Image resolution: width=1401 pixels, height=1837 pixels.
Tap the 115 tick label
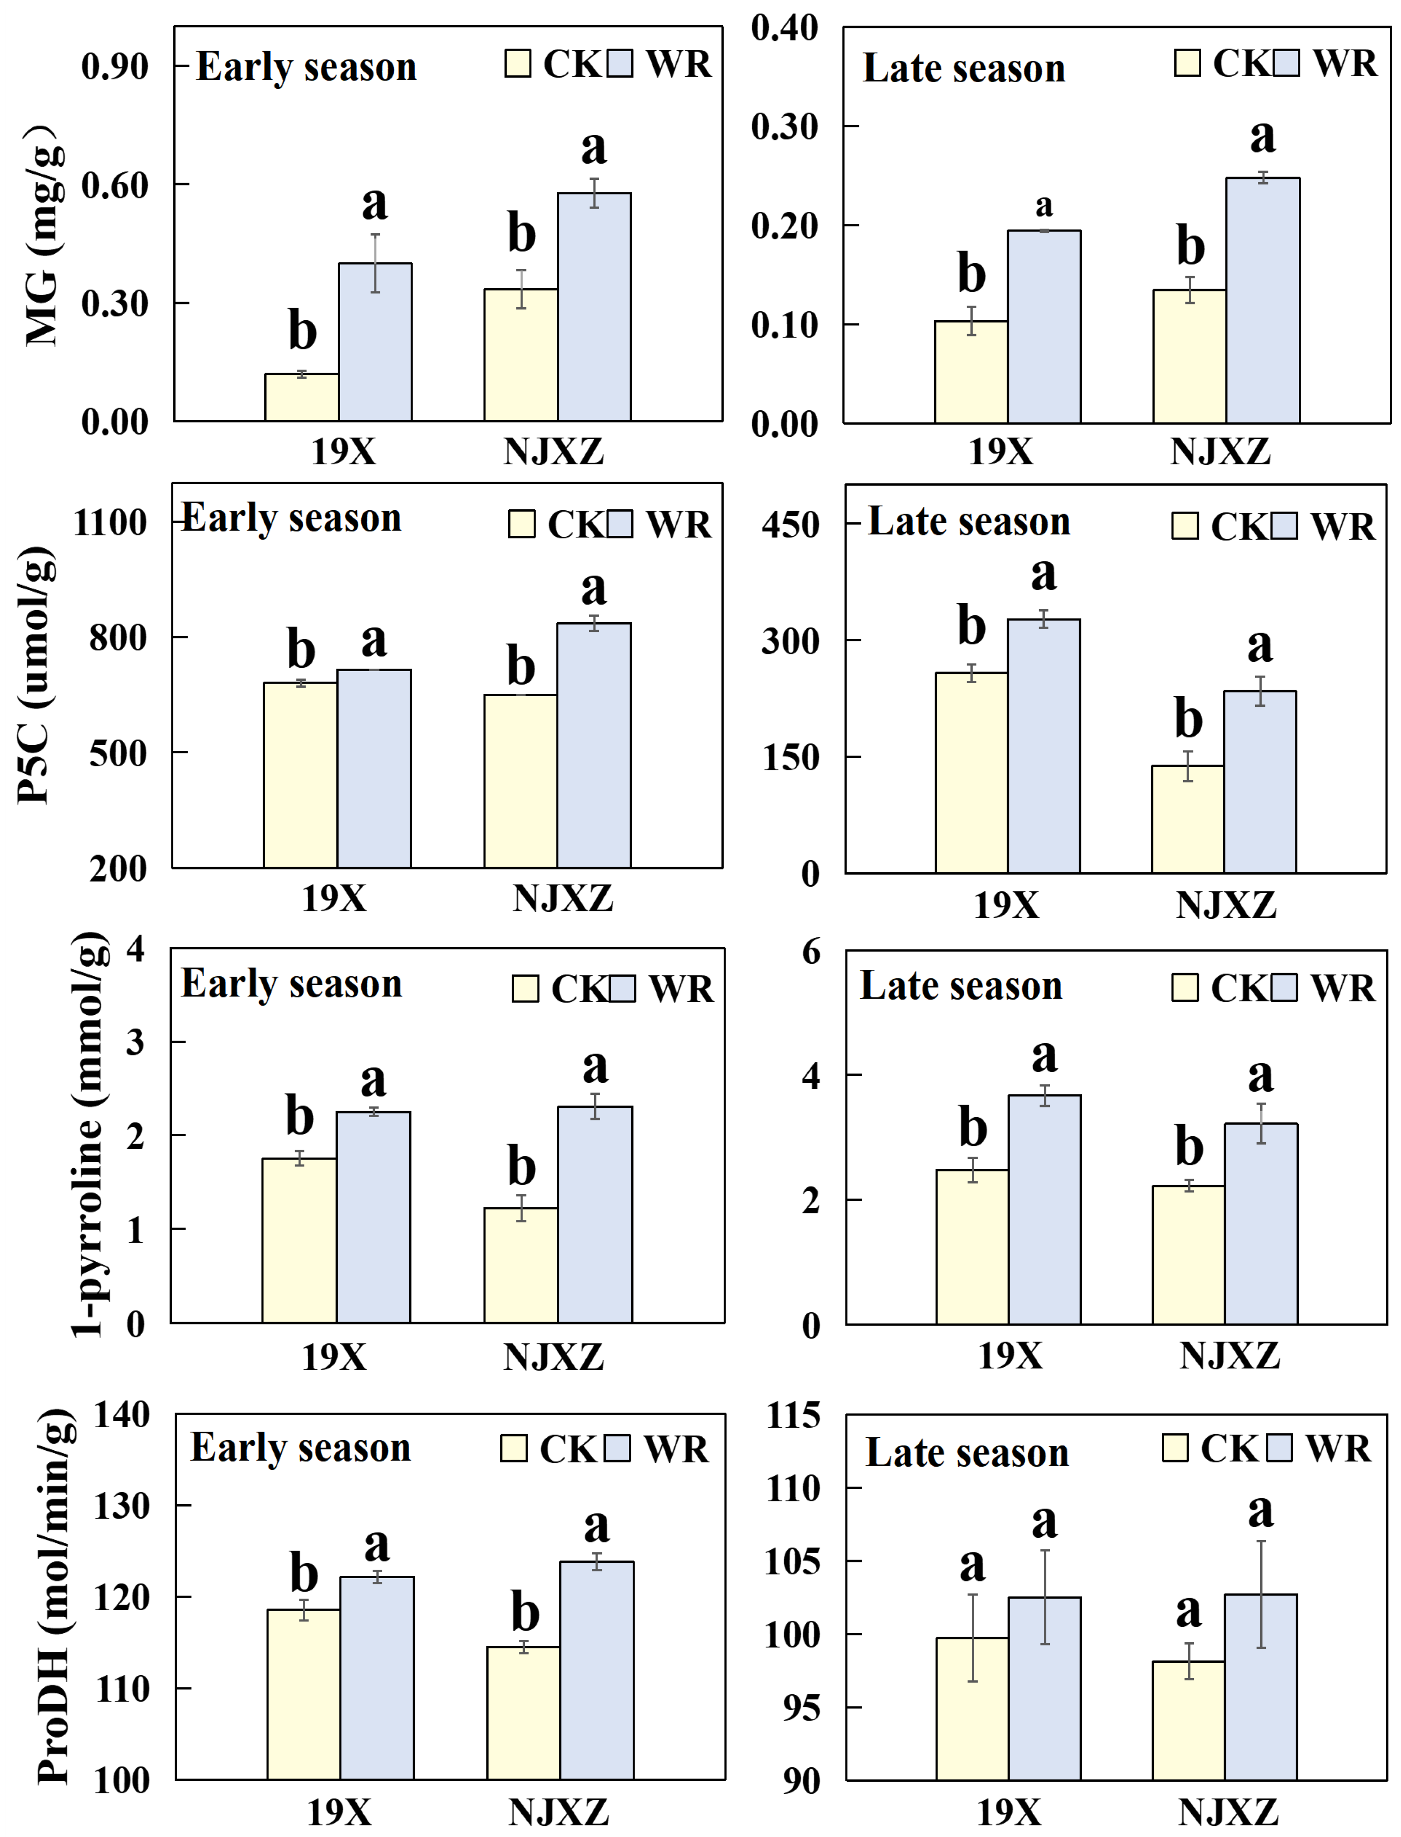point(793,1415)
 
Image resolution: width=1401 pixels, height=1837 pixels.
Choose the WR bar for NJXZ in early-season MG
point(594,307)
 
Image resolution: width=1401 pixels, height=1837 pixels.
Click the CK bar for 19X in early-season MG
point(302,397)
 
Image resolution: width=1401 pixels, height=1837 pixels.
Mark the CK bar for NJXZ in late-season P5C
point(1187,819)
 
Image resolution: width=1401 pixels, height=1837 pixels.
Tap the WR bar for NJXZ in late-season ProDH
point(1260,1688)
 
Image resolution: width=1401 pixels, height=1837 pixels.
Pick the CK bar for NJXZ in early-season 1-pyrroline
point(521,1265)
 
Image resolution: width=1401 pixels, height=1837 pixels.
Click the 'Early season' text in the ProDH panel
point(300,1448)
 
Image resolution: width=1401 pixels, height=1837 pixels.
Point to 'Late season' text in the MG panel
point(964,68)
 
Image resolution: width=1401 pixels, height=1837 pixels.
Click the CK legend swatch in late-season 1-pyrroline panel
point(1185,988)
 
